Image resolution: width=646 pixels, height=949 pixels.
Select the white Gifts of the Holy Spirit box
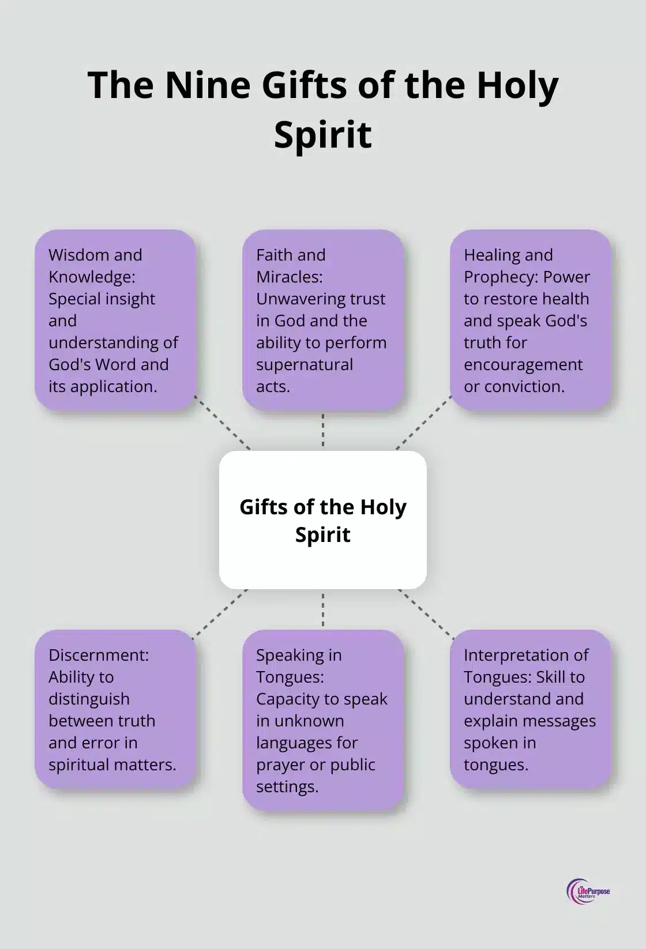pyautogui.click(x=323, y=520)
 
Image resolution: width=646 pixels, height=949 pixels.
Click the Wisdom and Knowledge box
pyautogui.click(x=115, y=321)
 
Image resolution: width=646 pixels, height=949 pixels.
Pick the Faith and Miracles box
pyautogui.click(x=323, y=321)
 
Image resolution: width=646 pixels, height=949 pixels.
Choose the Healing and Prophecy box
pyautogui.click(x=531, y=321)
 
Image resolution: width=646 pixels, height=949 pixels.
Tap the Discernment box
pyautogui.click(x=115, y=709)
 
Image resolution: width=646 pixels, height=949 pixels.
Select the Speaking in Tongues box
pyautogui.click(x=323, y=721)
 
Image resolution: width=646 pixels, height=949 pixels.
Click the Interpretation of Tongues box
pyautogui.click(x=531, y=709)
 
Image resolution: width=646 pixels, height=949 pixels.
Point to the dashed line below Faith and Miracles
pyautogui.click(x=323, y=430)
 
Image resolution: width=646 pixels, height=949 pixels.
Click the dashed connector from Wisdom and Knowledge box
pyautogui.click(x=223, y=423)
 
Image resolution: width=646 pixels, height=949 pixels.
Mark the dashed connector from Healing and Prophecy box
pyautogui.click(x=423, y=423)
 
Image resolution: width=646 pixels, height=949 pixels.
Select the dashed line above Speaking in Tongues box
pyautogui.click(x=323, y=609)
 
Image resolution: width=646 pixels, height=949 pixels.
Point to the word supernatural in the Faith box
pyautogui.click(x=305, y=364)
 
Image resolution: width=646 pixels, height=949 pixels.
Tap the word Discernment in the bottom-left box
pyautogui.click(x=99, y=655)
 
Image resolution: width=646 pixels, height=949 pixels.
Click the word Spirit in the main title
pyautogui.click(x=323, y=134)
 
